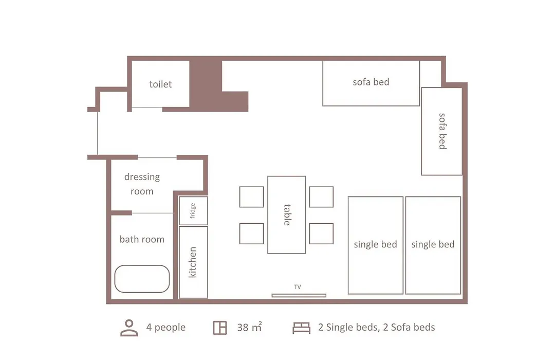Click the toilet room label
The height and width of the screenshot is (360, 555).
pos(160,84)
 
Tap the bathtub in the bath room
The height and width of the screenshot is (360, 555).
pos(142,279)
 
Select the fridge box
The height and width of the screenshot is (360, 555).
pos(193,211)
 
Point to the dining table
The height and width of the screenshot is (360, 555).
pos(286,215)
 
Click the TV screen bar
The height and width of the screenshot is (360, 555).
pos(299,296)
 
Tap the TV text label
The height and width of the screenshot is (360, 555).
pos(298,287)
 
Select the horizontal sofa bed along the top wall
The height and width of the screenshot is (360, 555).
pos(371,83)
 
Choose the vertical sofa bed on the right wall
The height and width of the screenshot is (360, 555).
pos(442,131)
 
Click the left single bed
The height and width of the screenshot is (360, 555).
pos(376,245)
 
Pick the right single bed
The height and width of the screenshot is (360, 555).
pos(433,245)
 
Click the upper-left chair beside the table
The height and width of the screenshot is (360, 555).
pos(251,196)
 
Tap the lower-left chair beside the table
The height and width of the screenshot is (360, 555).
pos(251,233)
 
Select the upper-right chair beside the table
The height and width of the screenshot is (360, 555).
pos(321,196)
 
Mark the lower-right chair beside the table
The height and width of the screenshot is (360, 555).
pos(321,233)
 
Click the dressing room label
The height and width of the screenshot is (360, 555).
pos(142,184)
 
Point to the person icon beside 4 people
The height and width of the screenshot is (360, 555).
pos(129,328)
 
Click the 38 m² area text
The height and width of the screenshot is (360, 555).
pos(250,327)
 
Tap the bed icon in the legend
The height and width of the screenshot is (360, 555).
pos(301,328)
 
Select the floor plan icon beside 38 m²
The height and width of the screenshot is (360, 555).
pos(220,328)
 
